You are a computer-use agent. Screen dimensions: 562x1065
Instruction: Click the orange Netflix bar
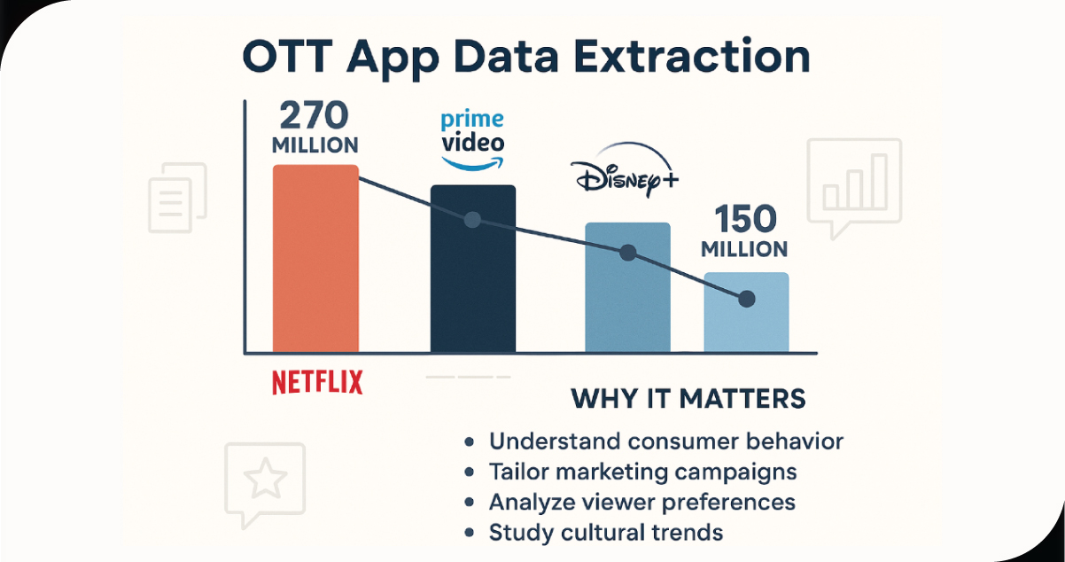click(315, 257)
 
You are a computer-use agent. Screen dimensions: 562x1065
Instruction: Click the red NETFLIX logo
click(317, 382)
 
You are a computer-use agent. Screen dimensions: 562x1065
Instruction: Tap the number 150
click(745, 219)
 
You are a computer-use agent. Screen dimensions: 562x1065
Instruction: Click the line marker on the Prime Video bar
click(472, 219)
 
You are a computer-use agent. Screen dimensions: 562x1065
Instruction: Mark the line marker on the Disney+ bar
click(627, 253)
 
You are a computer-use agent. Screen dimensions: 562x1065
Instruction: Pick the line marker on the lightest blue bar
click(746, 299)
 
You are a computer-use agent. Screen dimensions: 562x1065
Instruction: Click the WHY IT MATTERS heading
click(688, 398)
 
